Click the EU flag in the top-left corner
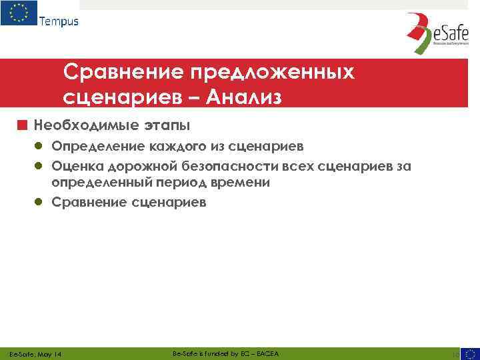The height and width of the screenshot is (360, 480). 19,13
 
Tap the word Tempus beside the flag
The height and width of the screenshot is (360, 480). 59,21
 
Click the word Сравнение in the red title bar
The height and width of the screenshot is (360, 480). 123,72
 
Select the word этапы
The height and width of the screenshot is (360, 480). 167,125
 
